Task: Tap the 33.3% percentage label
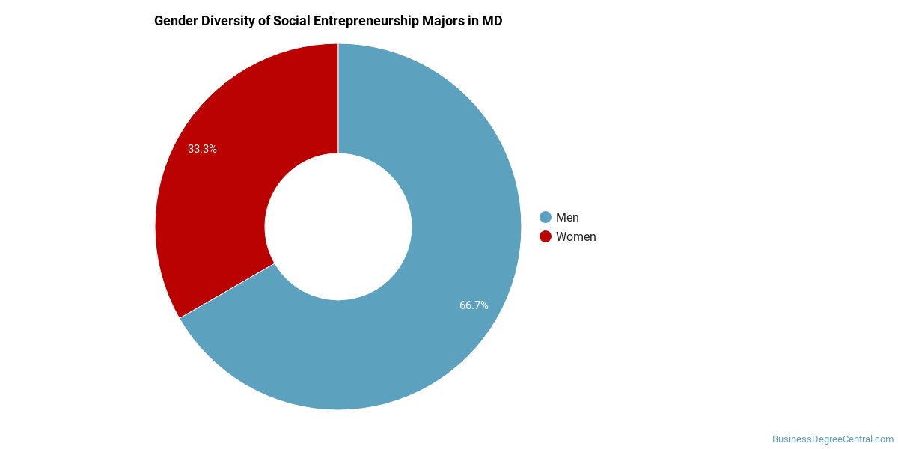202,149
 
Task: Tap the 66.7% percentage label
474,305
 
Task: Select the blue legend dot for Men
546,217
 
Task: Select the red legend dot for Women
546,236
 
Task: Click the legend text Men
567,217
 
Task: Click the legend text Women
575,236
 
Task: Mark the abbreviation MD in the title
492,21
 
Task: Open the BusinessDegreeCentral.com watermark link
832,439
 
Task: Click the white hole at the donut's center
338,227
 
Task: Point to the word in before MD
473,21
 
